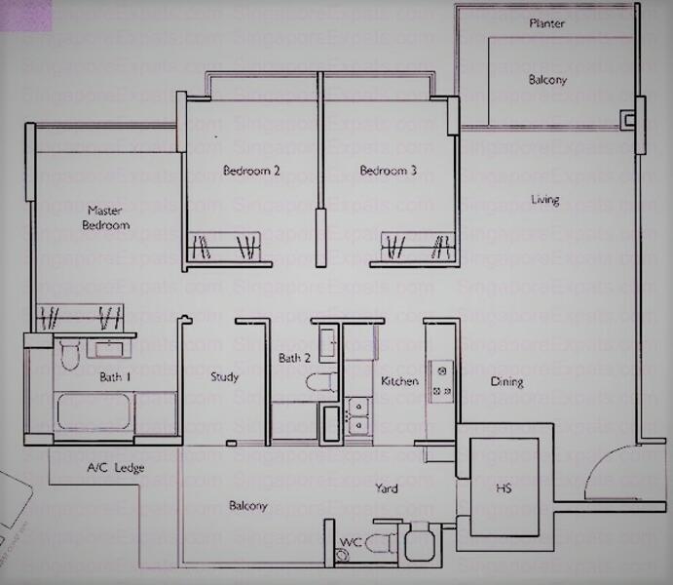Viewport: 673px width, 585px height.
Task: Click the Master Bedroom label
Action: (x=108, y=217)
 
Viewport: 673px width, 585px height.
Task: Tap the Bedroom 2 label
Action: (x=251, y=172)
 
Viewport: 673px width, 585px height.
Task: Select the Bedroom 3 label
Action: (x=389, y=172)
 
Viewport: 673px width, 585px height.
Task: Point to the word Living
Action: (x=545, y=200)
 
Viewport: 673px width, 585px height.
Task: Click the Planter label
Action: (x=546, y=22)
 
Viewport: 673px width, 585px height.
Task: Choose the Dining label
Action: (x=506, y=382)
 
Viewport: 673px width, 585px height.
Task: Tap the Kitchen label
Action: (x=399, y=381)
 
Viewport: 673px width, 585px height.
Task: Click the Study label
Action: (x=224, y=377)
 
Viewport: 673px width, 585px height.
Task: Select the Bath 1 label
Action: (x=114, y=376)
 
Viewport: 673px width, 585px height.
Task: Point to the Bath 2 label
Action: (x=294, y=358)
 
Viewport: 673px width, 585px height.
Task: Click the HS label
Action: (x=504, y=488)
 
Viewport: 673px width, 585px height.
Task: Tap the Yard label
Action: (x=387, y=488)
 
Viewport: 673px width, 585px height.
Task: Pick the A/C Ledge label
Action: (x=115, y=468)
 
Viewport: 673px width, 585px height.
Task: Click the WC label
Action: (x=350, y=542)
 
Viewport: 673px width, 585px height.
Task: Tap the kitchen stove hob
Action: (x=440, y=381)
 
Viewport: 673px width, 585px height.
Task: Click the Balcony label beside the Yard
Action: (x=248, y=506)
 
